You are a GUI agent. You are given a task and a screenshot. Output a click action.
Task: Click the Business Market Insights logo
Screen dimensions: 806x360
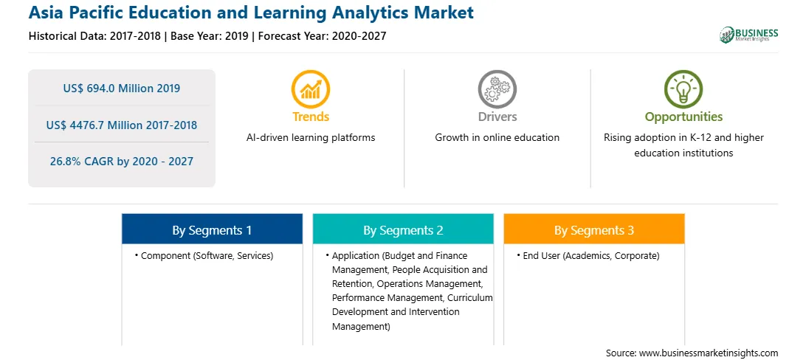[749, 35]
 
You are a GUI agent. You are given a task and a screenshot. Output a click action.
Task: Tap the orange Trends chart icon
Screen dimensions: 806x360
[311, 89]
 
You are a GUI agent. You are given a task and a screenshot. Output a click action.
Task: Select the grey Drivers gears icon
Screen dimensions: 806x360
[497, 89]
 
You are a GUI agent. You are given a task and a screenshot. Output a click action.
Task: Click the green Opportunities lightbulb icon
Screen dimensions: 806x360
[683, 89]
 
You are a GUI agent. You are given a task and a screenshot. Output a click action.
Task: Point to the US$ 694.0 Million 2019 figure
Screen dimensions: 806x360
[122, 89]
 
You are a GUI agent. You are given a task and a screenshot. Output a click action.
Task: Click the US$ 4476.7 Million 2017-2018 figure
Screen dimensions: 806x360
[122, 125]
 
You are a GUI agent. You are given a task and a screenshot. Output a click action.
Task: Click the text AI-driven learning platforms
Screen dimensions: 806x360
[311, 138]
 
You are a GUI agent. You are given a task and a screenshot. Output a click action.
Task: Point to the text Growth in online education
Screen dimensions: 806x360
[497, 138]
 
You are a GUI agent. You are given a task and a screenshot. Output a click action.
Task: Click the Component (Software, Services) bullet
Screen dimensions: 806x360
[204, 255]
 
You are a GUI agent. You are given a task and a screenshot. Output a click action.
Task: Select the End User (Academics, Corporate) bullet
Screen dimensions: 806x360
[588, 255]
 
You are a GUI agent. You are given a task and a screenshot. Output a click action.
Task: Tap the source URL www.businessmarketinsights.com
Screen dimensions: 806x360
[709, 353]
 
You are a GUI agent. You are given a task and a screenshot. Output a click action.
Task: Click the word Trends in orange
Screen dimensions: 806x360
[311, 117]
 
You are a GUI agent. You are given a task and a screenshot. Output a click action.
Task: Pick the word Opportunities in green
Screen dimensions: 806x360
[683, 117]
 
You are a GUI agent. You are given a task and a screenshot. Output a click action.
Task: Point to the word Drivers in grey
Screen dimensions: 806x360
[497, 117]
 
